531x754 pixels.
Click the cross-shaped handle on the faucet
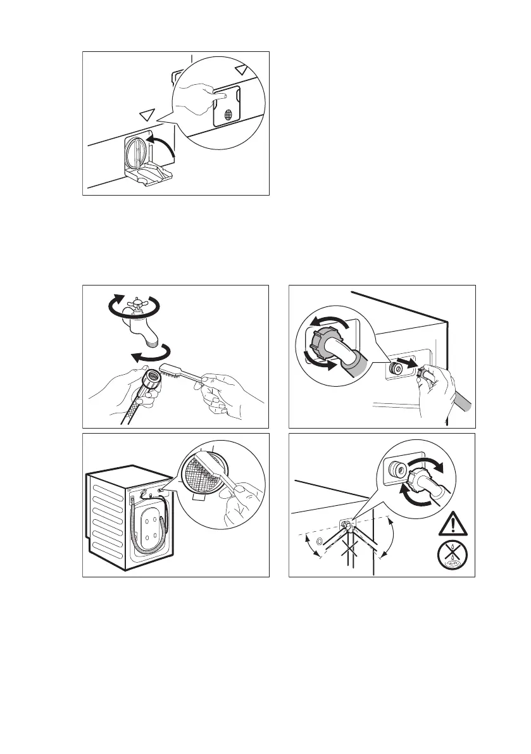point(135,306)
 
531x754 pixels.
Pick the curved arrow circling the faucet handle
point(135,309)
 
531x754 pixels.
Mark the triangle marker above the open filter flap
point(147,114)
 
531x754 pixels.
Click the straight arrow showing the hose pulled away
point(412,365)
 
